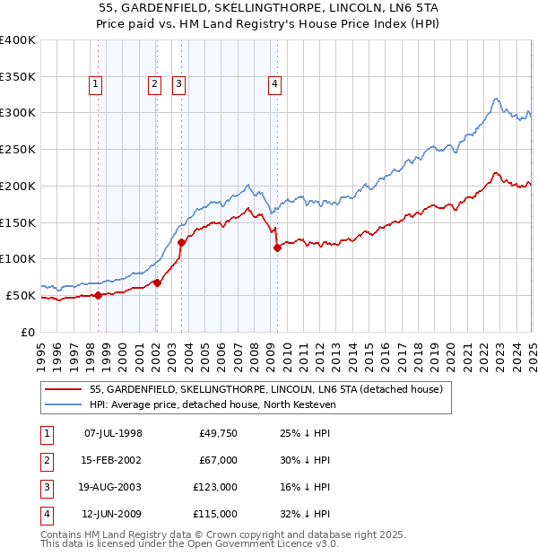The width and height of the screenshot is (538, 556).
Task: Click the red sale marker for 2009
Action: coord(277,248)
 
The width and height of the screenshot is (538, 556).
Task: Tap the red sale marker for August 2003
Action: coord(182,241)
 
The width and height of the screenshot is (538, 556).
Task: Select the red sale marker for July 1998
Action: coord(98,295)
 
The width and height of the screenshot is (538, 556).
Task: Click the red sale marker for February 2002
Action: coord(157,282)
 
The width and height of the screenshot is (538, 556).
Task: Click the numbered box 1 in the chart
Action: coord(95,85)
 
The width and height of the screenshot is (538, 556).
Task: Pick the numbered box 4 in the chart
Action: coord(274,85)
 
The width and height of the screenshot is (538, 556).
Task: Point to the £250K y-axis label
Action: coord(18,149)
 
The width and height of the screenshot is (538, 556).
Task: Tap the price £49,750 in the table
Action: coord(217,433)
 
